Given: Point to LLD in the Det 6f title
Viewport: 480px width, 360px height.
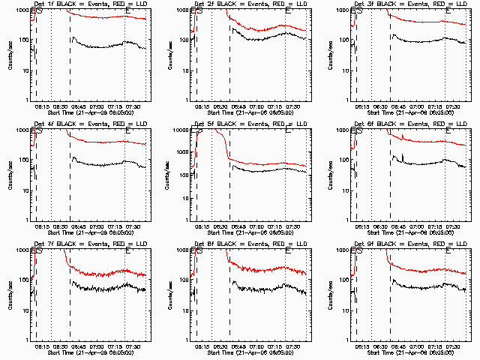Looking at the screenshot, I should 457,124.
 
